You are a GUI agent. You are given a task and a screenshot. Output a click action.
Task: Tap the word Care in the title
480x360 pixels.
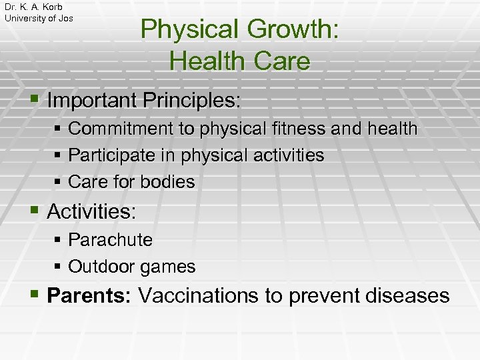281,61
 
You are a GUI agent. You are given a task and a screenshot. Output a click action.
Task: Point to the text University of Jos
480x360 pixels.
39,18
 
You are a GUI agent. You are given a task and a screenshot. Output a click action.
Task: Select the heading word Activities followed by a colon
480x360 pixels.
91,213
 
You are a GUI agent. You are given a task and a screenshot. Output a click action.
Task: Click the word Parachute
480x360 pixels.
111,240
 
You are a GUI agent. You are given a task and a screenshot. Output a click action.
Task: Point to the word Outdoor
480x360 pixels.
101,267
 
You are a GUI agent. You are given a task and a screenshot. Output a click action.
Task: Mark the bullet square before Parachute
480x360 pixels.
59,240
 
